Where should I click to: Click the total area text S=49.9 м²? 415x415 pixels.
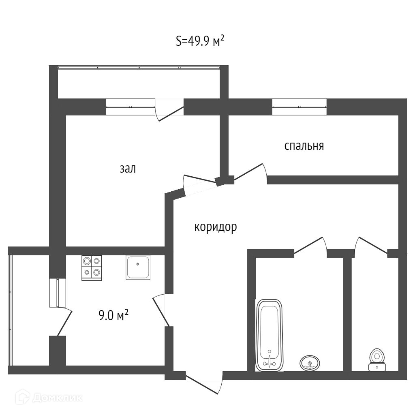[x=200, y=41]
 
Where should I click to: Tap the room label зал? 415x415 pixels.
[x=128, y=169]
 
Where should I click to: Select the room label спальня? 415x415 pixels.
[x=304, y=146]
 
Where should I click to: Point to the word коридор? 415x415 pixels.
[x=215, y=227]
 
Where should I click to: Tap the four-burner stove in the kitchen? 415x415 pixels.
[x=92, y=267]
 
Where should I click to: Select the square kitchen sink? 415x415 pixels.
[x=138, y=267]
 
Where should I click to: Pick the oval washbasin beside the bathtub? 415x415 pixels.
[x=310, y=362]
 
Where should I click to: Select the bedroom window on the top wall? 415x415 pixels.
[x=299, y=105]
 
